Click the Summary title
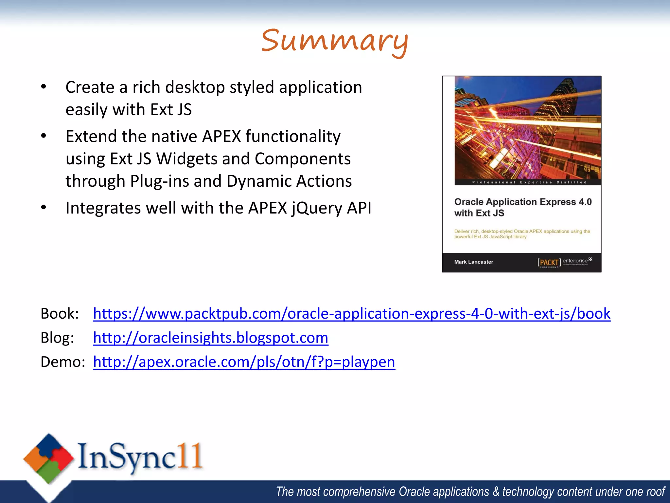click(x=335, y=41)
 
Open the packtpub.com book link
click(x=351, y=313)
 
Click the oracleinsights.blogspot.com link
click(x=210, y=338)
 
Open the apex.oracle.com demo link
click(x=244, y=362)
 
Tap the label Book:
click(x=60, y=314)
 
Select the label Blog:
click(x=57, y=338)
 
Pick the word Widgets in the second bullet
click(x=187, y=159)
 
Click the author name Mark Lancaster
click(x=473, y=262)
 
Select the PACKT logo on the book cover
click(x=549, y=262)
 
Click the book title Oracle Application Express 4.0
click(x=523, y=202)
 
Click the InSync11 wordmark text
click(x=140, y=456)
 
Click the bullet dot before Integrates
click(x=44, y=207)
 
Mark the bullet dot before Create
click(x=44, y=87)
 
